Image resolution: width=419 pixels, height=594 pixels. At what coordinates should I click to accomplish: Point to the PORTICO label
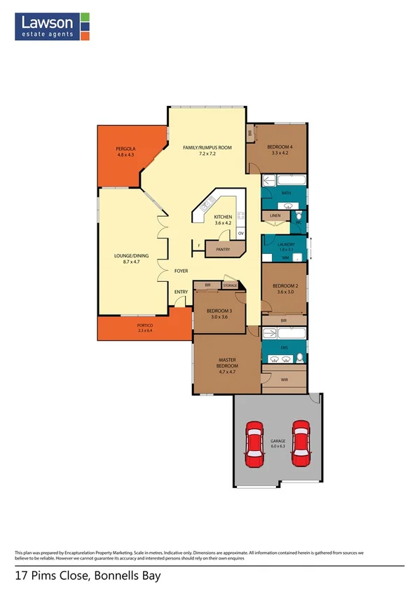point(144,326)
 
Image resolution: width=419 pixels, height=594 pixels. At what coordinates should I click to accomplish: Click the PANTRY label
point(224,249)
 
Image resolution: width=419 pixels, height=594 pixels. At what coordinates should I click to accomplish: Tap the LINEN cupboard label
point(275,216)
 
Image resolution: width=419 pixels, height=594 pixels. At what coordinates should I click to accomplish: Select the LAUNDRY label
point(287,243)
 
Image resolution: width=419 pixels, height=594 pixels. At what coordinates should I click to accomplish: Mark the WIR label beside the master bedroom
point(284,379)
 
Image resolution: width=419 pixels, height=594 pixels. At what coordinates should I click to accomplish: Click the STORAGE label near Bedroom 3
point(230,285)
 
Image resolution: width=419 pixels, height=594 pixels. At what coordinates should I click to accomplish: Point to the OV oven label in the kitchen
point(240,233)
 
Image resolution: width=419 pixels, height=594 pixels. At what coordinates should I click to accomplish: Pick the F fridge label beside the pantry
point(200,245)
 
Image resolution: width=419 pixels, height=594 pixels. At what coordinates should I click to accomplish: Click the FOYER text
point(181,270)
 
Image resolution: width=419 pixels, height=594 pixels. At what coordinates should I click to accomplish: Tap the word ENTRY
point(180,291)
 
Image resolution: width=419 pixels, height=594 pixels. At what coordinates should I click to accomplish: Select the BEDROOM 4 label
point(280,148)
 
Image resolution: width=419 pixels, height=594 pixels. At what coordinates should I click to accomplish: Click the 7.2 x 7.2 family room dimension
point(207,154)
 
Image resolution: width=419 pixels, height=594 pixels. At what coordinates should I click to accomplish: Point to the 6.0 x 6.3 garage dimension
point(277,446)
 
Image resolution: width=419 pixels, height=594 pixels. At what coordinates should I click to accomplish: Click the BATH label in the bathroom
point(286,192)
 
